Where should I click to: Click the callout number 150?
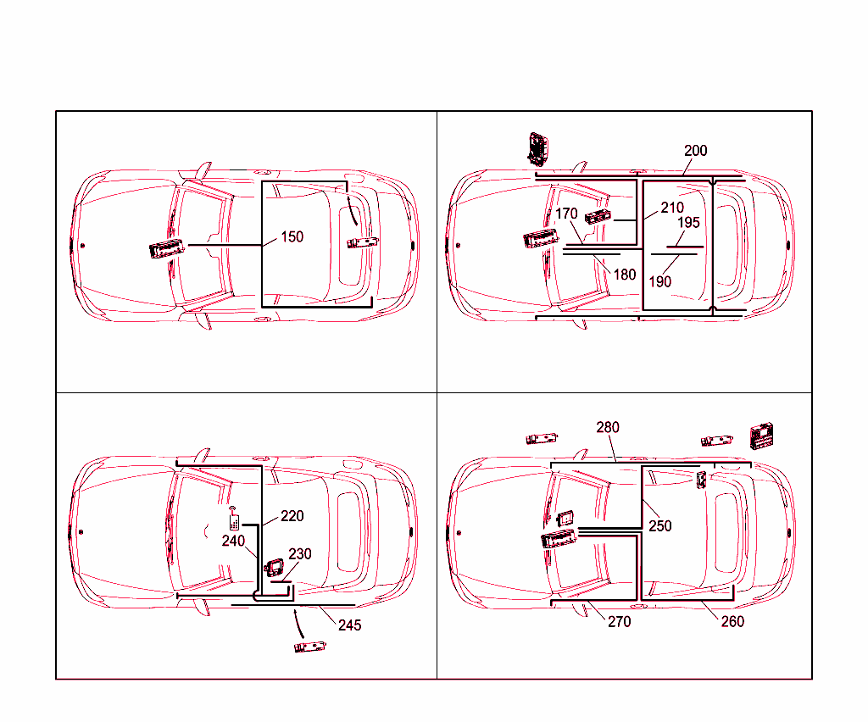292,236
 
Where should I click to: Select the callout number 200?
695,151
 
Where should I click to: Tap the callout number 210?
672,208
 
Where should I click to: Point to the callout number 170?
566,214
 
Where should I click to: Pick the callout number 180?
625,275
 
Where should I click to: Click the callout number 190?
659,281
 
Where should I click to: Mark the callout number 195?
688,222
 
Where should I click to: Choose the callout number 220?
292,515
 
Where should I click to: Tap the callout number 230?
300,554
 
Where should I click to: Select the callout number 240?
233,541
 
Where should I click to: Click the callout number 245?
349,625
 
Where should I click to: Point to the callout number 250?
659,525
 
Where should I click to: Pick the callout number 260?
732,622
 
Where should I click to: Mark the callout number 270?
619,622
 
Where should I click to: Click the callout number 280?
607,427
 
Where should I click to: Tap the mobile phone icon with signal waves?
234,519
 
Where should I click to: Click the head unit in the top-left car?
167,249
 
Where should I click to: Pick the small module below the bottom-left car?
310,647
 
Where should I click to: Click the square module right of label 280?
761,436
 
